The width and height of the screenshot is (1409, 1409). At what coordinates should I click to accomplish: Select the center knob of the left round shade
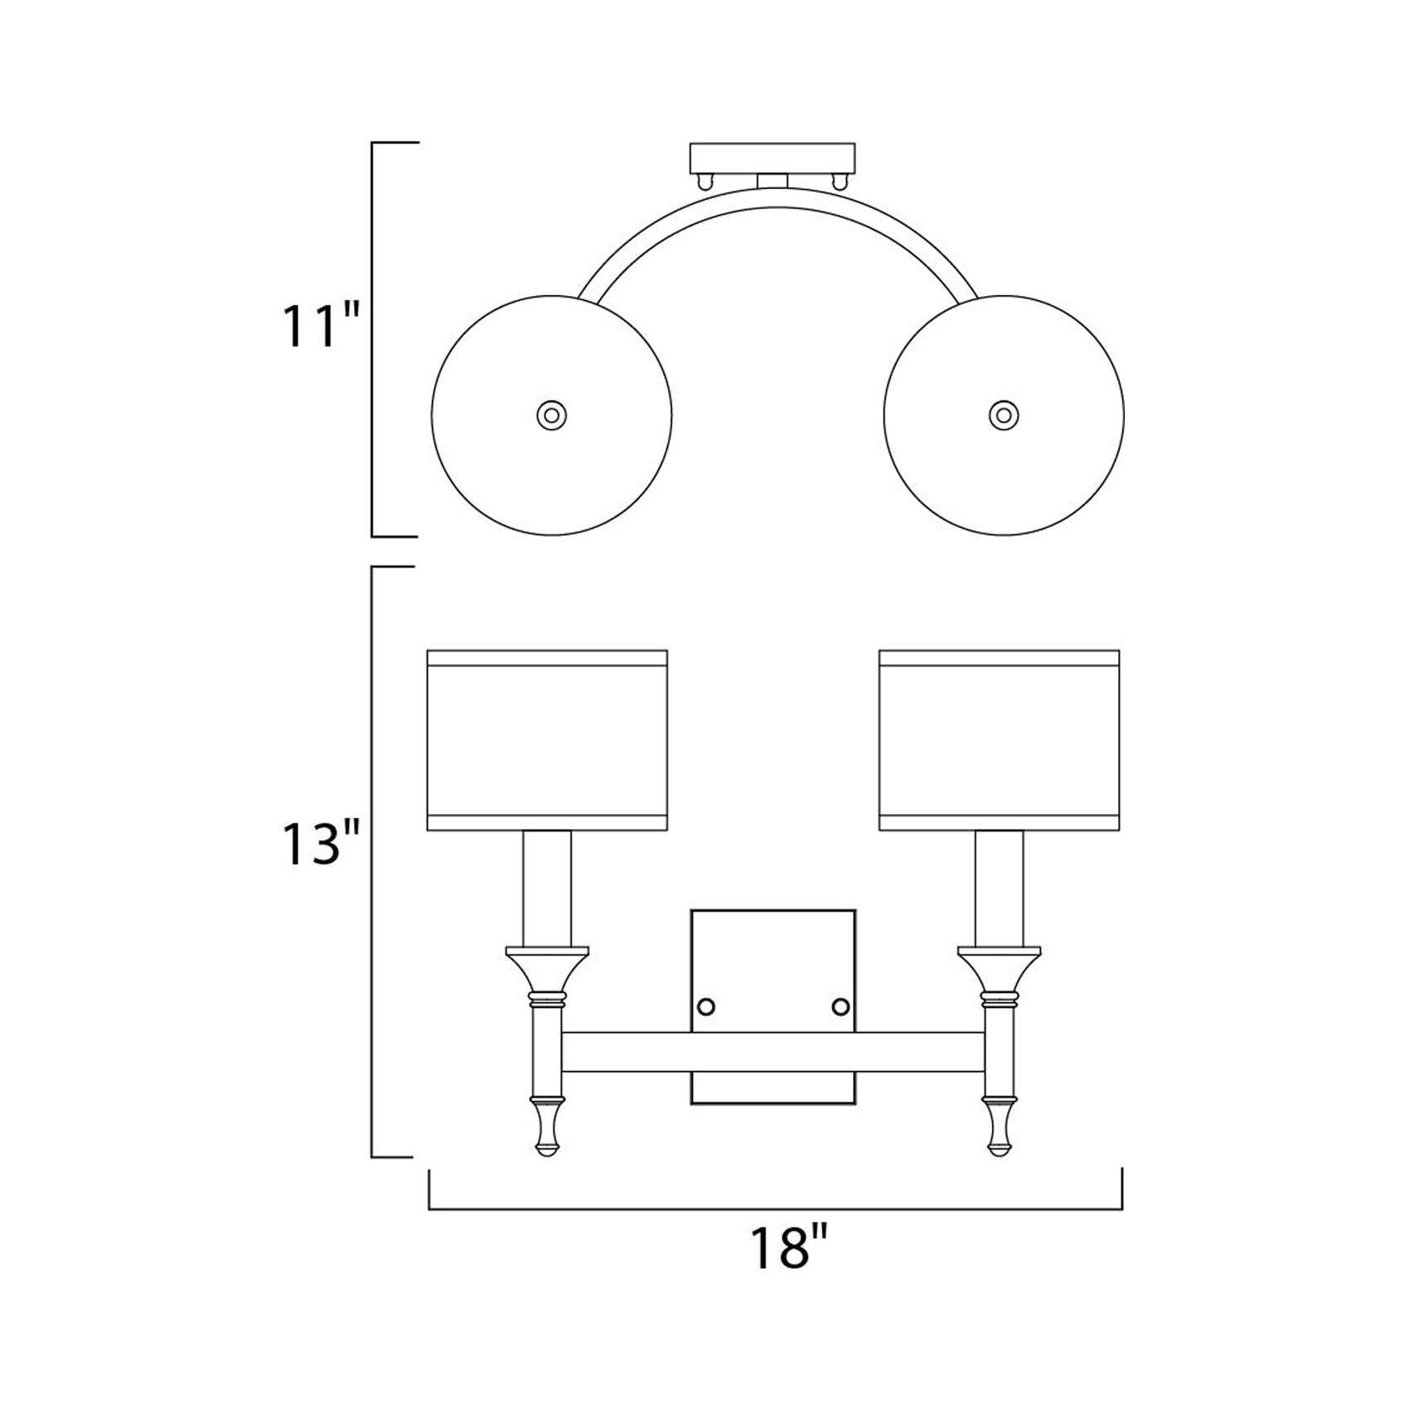click(551, 414)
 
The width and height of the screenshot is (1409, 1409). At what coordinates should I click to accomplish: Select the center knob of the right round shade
click(1004, 414)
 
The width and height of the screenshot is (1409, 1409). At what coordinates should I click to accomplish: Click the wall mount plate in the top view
click(772, 157)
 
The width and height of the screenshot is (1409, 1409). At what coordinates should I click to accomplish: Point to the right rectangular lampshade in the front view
click(999, 740)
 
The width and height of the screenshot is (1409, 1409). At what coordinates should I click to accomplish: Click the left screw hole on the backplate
click(706, 1006)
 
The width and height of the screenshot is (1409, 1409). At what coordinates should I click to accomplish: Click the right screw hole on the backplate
click(840, 1006)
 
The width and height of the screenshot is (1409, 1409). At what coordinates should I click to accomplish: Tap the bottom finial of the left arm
click(547, 1128)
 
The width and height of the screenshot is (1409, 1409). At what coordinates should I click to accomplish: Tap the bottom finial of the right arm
click(999, 1128)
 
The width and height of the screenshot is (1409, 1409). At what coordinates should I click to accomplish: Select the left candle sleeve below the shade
click(547, 887)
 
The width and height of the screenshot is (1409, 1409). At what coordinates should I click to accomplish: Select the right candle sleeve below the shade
click(999, 887)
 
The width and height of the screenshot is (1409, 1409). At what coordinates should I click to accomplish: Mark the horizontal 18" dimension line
click(775, 1209)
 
